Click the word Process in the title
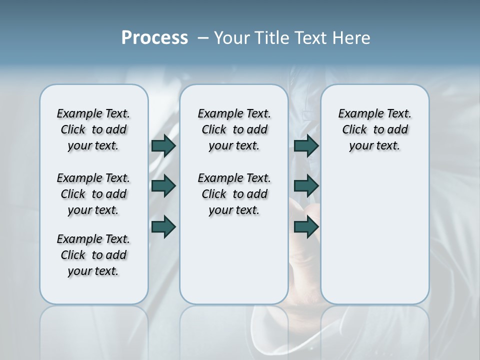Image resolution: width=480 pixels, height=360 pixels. pos(154,38)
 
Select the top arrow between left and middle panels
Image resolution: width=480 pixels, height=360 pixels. pos(163,145)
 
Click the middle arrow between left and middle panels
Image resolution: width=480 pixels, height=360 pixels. pos(163,186)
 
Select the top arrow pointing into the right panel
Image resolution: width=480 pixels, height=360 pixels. pos(306,145)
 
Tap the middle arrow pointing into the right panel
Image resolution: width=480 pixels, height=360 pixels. pos(306,186)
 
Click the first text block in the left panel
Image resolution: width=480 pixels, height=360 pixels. pos(93,129)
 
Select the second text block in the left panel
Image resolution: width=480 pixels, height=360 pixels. pos(93,194)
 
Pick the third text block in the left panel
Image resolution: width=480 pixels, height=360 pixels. pos(93,255)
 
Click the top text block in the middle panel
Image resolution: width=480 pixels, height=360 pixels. pos(234,129)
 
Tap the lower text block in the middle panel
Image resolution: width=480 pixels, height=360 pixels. pos(234,194)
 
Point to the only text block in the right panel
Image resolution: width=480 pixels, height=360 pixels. pos(375,129)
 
